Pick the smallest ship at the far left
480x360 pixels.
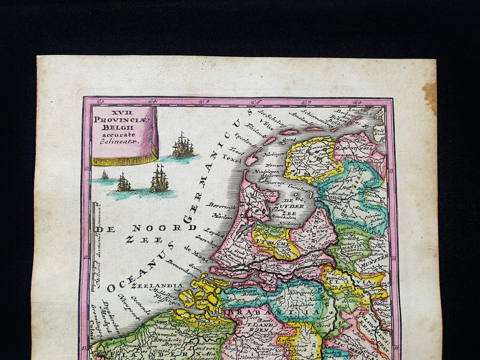(x=104, y=175)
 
